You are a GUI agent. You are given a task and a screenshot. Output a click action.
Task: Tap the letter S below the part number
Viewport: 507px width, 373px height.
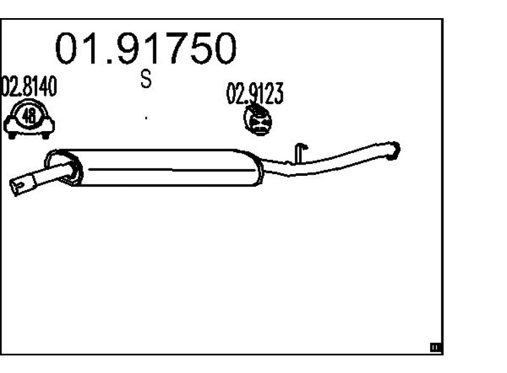tap(146, 80)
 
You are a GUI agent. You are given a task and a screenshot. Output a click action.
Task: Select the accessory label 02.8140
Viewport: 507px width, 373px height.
tap(29, 88)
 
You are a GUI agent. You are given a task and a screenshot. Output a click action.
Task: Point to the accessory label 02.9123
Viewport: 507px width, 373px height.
tap(255, 94)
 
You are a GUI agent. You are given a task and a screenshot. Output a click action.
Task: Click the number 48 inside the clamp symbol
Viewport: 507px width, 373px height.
tap(29, 117)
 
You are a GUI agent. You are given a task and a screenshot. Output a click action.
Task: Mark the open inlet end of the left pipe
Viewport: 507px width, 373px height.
tap(19, 185)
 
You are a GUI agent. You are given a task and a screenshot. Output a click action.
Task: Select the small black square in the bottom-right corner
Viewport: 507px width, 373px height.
tap(435, 348)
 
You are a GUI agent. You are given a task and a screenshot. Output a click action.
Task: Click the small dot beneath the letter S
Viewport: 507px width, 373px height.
tap(146, 117)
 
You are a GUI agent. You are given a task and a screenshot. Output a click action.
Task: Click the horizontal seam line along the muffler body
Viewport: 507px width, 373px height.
tap(171, 171)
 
